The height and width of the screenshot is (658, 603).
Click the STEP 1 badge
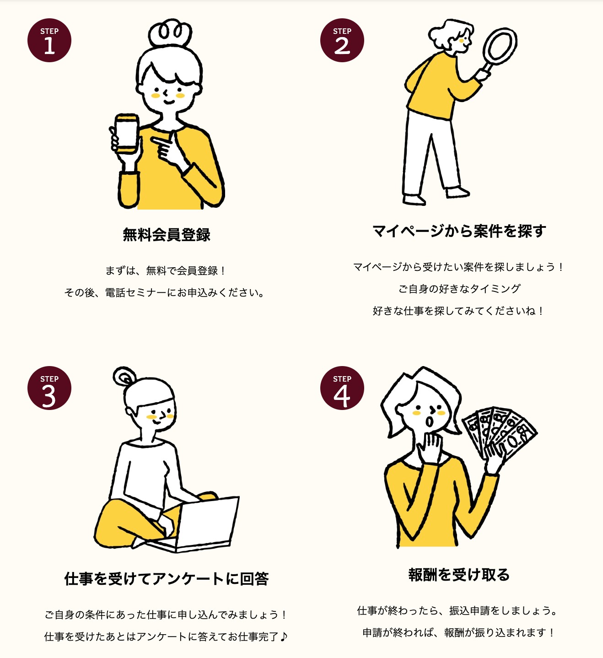(x=49, y=40)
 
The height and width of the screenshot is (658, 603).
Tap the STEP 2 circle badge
(x=342, y=40)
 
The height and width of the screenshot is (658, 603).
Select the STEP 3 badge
(x=49, y=388)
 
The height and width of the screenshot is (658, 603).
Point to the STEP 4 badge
(x=342, y=388)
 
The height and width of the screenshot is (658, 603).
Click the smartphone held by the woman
(x=126, y=133)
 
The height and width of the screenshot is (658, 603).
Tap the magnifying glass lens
(x=500, y=46)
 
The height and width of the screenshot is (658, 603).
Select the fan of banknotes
(x=499, y=431)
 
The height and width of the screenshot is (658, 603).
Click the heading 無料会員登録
(x=167, y=235)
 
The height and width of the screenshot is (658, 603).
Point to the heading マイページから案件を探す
(x=459, y=231)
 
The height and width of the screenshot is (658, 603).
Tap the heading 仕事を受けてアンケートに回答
(x=167, y=579)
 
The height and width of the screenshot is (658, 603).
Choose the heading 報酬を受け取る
(x=459, y=575)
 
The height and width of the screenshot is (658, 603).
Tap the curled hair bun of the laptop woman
(x=124, y=377)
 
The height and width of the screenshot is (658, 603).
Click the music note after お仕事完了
(x=284, y=636)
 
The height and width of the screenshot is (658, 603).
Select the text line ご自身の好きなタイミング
(x=459, y=289)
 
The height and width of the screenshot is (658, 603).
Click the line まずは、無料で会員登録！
(x=165, y=270)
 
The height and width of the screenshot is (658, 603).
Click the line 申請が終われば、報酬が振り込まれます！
(x=458, y=632)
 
